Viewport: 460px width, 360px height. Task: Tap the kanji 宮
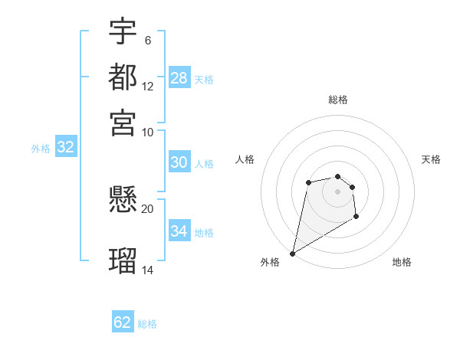tap(123, 122)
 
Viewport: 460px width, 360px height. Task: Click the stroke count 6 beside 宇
tap(148, 41)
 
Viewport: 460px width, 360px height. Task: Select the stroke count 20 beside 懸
tap(148, 209)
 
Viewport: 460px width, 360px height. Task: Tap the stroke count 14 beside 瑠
tap(148, 270)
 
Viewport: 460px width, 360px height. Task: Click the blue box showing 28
tap(179, 78)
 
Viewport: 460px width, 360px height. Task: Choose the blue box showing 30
tap(179, 162)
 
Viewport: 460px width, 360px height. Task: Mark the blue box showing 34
tap(179, 231)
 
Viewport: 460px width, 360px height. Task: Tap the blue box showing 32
tap(65, 148)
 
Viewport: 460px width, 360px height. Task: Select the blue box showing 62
tap(123, 322)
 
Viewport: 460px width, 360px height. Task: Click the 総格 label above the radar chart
tap(337, 100)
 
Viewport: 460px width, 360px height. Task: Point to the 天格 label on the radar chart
tap(431, 159)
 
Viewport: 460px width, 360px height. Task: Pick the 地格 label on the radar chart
tap(402, 262)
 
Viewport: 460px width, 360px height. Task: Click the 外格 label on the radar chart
tap(270, 262)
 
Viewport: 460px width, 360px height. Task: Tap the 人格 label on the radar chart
tap(245, 159)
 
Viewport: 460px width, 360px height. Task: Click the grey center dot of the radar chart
tap(337, 191)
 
